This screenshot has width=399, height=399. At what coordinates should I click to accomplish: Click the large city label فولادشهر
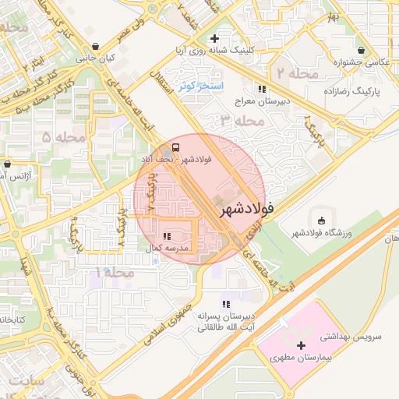(x=247, y=209)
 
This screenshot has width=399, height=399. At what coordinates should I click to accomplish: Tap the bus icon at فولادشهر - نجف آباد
(x=175, y=147)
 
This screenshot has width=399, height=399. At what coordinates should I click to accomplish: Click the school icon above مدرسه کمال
(x=167, y=235)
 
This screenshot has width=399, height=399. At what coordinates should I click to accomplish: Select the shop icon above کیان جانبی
(x=95, y=46)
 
